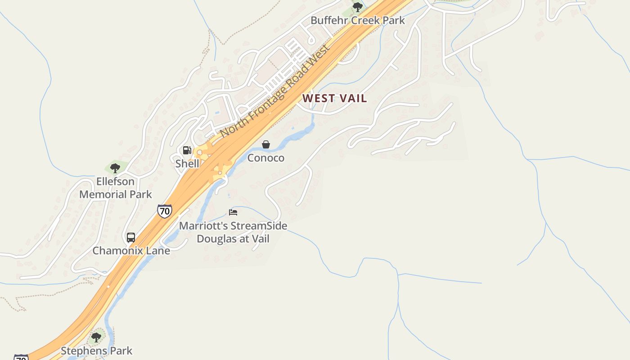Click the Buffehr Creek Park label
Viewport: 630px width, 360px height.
(x=358, y=20)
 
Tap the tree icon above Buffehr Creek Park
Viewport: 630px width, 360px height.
(x=358, y=7)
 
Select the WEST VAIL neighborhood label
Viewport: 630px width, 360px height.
(x=334, y=98)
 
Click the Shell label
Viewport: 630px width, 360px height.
(x=187, y=163)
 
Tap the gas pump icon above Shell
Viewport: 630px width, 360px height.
(x=187, y=150)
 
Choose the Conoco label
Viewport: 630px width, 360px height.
(x=266, y=158)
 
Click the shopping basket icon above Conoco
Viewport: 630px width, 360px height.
(x=266, y=144)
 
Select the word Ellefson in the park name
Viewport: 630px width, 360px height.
(x=115, y=181)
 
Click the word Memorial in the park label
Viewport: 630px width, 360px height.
(x=103, y=194)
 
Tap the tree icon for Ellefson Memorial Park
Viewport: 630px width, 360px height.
(x=115, y=168)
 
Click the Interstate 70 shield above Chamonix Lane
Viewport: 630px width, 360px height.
(x=165, y=211)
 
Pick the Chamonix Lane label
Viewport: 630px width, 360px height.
(x=131, y=251)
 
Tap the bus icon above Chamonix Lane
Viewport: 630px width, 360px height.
(x=131, y=238)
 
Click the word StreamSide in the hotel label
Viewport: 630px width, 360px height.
(x=258, y=225)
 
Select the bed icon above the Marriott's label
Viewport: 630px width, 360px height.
(x=233, y=212)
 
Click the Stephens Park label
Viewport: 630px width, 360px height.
(x=97, y=351)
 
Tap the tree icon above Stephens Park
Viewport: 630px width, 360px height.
(x=96, y=337)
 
